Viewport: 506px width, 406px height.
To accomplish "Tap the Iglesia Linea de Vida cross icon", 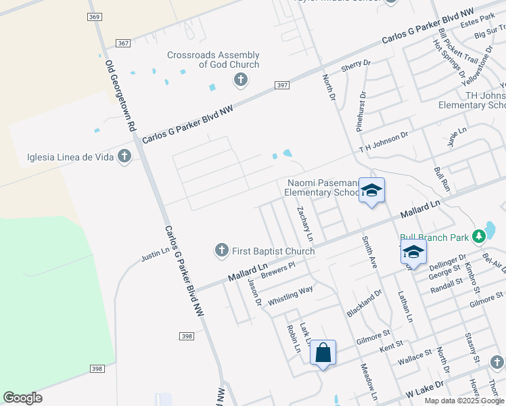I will click(x=124, y=157).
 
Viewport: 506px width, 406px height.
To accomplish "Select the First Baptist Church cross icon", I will click(x=221, y=251).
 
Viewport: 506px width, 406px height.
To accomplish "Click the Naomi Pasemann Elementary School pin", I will click(x=371, y=191).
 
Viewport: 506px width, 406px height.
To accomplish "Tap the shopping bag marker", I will click(x=323, y=353).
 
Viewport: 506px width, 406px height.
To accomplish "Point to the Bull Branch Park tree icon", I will click(x=480, y=236).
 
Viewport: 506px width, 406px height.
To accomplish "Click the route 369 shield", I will click(x=94, y=16).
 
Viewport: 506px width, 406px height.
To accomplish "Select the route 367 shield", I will click(x=122, y=43).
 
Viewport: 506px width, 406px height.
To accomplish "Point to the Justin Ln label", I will click(x=154, y=254).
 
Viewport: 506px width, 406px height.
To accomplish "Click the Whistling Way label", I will click(x=290, y=295).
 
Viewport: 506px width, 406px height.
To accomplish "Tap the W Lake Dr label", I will click(x=424, y=388).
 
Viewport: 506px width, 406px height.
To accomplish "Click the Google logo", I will click(x=22, y=398).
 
